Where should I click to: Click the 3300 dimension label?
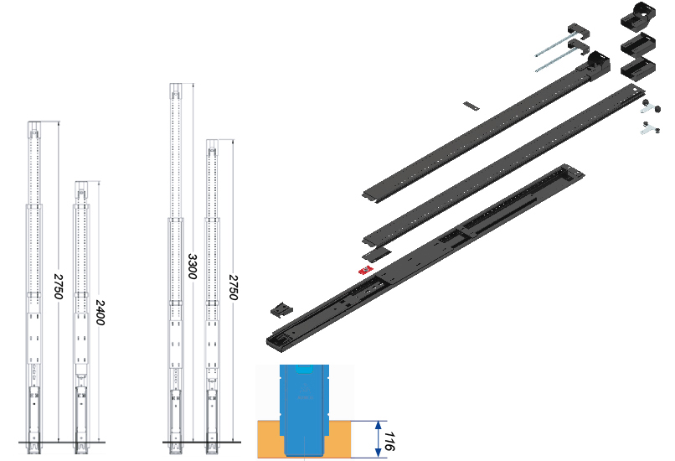(x=193, y=267)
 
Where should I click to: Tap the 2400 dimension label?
(x=100, y=313)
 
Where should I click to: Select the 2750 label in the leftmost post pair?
(x=58, y=287)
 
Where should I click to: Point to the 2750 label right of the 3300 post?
(x=233, y=287)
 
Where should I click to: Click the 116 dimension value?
(x=389, y=441)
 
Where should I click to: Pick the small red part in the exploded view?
(x=366, y=270)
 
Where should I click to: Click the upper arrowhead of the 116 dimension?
(x=378, y=426)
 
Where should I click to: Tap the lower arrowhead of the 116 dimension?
(x=378, y=452)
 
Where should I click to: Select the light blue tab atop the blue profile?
(x=305, y=368)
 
